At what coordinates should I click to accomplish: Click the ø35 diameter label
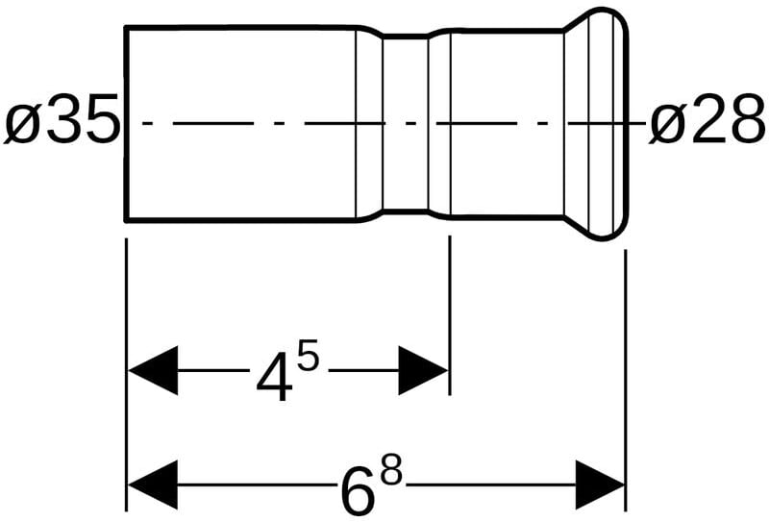click(62, 124)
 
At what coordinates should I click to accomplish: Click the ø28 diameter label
click(708, 124)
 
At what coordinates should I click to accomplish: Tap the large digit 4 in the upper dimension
click(276, 378)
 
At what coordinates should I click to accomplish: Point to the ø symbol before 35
click(22, 125)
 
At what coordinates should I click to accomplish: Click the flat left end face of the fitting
click(127, 123)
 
